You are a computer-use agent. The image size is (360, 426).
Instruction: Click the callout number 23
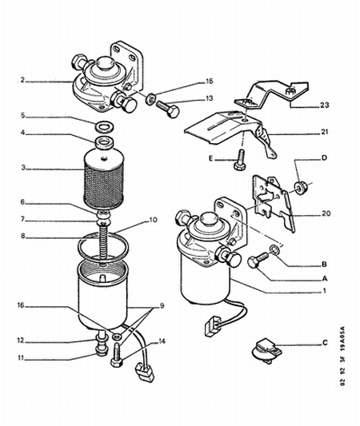click(324, 105)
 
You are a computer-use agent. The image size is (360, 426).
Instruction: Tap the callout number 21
click(324, 132)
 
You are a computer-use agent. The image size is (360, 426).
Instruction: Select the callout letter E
click(211, 158)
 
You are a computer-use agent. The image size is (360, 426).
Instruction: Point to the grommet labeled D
click(301, 188)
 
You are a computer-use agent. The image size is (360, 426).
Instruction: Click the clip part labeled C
click(266, 351)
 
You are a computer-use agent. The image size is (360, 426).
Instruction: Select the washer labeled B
click(274, 249)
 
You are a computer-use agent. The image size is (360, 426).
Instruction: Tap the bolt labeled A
click(258, 260)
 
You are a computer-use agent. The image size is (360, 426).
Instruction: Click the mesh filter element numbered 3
click(102, 180)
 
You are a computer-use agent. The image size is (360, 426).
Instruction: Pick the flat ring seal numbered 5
click(105, 126)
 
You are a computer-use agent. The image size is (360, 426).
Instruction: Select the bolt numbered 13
click(167, 109)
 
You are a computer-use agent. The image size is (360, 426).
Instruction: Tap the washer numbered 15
click(150, 98)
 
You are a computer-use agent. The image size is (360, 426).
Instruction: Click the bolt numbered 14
click(117, 353)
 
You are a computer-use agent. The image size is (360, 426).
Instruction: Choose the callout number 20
click(326, 213)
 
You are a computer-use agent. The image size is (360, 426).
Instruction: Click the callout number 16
click(21, 306)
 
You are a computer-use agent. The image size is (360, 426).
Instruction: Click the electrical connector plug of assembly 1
click(212, 324)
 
